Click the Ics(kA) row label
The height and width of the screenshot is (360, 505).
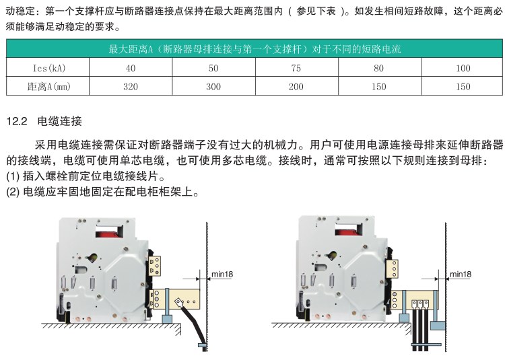click(x=49, y=68)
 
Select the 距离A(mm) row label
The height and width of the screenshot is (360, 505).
click(x=49, y=87)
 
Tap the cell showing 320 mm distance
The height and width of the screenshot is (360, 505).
click(x=131, y=87)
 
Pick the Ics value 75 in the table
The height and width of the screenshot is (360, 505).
click(x=296, y=68)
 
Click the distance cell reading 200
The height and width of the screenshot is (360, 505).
click(x=296, y=87)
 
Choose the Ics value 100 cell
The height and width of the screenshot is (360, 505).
click(x=463, y=68)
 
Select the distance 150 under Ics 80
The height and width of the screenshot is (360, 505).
click(x=379, y=87)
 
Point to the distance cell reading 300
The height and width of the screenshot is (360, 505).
click(x=213, y=87)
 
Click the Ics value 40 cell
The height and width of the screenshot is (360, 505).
click(x=131, y=68)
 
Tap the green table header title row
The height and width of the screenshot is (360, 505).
click(x=255, y=49)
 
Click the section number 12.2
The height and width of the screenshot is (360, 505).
click(x=16, y=122)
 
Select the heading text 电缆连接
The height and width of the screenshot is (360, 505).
click(x=60, y=122)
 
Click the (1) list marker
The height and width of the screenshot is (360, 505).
click(x=13, y=177)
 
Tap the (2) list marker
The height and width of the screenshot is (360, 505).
click(x=13, y=192)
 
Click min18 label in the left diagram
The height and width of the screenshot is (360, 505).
click(x=223, y=275)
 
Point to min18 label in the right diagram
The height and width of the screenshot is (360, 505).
click(x=461, y=275)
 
